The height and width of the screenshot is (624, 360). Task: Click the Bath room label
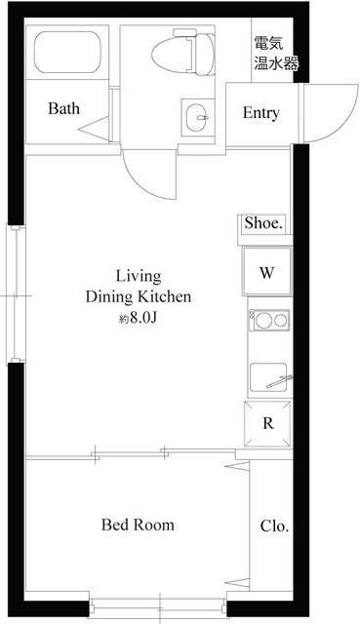point(63,108)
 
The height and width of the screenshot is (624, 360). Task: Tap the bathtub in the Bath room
point(67,52)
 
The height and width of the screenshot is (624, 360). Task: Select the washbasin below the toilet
point(197,118)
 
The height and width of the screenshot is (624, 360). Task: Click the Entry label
point(261,113)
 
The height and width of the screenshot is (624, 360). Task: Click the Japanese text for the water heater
point(275,54)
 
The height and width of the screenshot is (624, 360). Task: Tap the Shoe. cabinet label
point(263,223)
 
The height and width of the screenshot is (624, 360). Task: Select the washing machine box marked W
point(267,272)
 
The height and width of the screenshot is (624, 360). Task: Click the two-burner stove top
point(269,320)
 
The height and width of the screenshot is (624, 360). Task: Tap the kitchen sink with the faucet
point(269,377)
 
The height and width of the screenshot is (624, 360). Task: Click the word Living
point(139,276)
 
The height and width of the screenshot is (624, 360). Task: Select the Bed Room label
point(138,525)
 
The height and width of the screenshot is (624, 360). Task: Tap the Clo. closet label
point(275,526)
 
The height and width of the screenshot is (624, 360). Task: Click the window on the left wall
point(16,294)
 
